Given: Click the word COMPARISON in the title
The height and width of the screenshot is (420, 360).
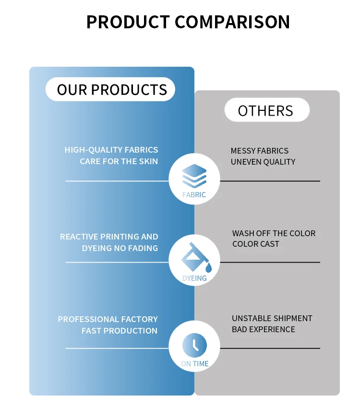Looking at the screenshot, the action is coord(232,22).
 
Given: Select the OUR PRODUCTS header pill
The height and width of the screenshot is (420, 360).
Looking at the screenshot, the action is coord(111,90).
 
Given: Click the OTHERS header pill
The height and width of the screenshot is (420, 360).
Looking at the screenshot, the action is coord(265,111).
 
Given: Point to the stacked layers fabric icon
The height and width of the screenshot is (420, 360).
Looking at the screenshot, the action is coord(194,176).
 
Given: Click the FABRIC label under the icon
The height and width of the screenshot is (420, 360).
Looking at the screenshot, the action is coord(194,195).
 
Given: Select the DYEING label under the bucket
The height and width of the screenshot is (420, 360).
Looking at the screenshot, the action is coord(194,278).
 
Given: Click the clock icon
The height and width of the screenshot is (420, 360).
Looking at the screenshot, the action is coord(194,345).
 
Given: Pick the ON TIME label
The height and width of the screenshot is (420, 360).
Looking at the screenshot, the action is coord(194,364).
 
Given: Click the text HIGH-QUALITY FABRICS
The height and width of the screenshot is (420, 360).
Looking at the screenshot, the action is coord(111,150).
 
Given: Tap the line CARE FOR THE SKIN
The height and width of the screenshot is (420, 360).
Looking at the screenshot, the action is coord(119,161).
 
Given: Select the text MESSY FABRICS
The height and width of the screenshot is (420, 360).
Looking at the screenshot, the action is coord(260,151).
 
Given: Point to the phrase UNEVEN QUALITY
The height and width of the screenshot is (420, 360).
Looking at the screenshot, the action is coord(263,162).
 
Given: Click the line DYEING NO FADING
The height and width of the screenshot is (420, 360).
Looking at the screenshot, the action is coord(120,248).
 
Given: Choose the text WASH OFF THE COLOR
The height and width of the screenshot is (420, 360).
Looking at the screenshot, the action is coord(274,233).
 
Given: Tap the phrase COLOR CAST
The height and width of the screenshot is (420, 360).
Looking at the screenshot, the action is coord(256,244).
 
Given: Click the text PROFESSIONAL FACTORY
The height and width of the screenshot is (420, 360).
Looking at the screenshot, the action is coord(108,319).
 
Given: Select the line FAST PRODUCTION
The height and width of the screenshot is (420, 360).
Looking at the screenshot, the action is coord(120,331).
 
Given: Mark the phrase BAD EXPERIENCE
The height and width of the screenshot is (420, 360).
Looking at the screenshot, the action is coord(264,329).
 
